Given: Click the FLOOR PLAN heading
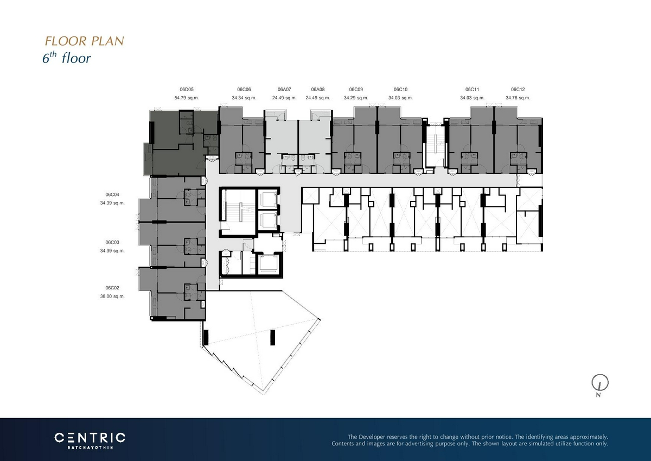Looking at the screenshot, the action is pos(84,41).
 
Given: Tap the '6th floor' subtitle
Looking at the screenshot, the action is pos(67,58).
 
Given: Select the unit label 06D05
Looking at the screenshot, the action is pos(187,89).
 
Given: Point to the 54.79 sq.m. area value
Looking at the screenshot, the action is pos(187,98).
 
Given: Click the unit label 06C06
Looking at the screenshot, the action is pos(244,89).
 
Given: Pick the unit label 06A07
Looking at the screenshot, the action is pos(284,89).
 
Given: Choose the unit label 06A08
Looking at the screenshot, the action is pos(318,89).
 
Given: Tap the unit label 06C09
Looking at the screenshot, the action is pos(356,89).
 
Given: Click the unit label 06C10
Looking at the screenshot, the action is pos(400,89).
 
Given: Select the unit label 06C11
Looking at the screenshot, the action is pos(473,89).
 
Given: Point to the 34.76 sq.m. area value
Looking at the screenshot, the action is pos(518,98).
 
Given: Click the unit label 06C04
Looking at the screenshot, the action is pos(112,194).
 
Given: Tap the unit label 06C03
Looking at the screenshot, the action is pos(112,242).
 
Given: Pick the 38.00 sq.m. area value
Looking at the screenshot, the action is pos(112,296).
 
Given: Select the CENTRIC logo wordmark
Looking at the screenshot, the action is pos(90,438).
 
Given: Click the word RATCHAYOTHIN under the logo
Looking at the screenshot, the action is pos(90,447).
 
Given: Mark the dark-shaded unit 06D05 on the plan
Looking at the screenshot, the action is pos(180,142).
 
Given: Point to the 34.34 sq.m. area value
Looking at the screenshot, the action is pos(244,98).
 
